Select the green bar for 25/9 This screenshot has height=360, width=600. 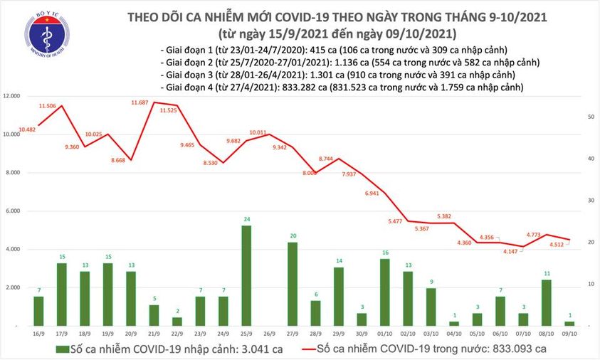[246, 275]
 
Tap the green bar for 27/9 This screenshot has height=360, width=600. [292, 284]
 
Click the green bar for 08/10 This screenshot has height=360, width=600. [547, 302]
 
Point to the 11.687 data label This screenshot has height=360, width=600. [144, 102]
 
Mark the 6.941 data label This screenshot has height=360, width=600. [373, 194]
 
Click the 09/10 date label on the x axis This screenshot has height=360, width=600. [569, 333]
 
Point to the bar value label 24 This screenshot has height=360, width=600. [246, 219]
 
